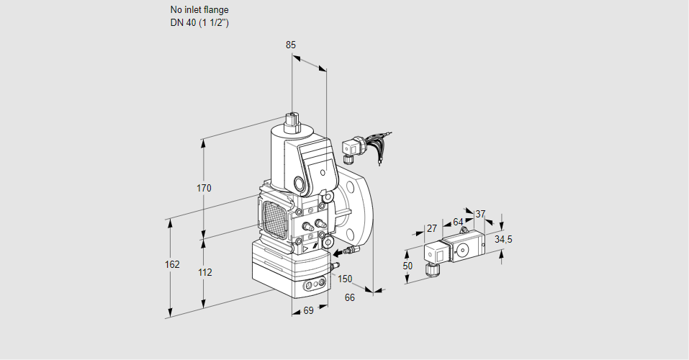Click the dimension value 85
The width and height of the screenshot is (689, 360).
(291, 45)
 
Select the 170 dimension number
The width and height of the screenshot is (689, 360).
(204, 189)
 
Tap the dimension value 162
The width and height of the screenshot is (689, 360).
(171, 264)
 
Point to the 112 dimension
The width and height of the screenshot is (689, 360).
(204, 272)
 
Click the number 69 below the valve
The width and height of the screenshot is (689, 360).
(307, 311)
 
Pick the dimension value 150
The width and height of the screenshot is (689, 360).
(345, 279)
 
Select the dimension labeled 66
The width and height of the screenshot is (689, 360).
(350, 297)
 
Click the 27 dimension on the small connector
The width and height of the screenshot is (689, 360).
(432, 228)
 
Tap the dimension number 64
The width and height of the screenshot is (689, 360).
(458, 221)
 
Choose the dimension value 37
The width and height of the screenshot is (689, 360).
(481, 213)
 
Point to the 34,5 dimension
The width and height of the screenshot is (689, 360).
(503, 239)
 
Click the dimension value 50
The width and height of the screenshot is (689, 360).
(407, 266)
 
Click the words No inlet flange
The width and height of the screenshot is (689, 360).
(199, 10)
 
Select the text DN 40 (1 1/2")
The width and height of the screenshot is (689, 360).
(199, 22)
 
